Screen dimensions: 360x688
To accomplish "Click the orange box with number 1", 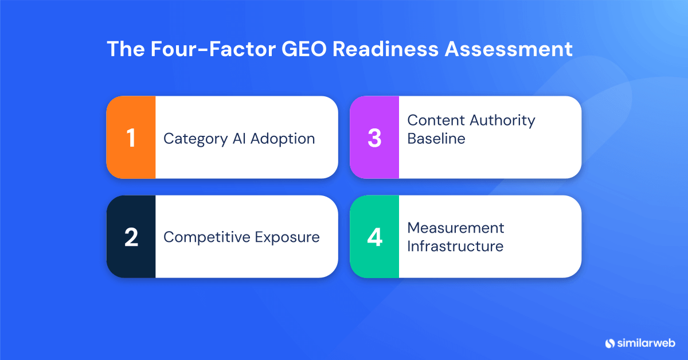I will [131, 138].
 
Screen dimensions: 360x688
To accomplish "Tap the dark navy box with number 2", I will [131, 237].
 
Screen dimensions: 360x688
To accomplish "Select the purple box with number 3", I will [374, 138].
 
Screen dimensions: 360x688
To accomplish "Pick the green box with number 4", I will [374, 237].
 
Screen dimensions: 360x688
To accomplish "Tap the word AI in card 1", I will [234, 139].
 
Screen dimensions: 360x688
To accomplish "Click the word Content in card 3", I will [436, 120].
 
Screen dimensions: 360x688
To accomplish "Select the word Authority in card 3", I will [502, 120].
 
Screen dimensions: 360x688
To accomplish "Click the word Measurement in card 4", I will [456, 228].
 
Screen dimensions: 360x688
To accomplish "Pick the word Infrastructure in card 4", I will [455, 246].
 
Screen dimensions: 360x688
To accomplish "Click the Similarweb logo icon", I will [610, 343].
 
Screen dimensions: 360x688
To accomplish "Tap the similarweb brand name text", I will [646, 343].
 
